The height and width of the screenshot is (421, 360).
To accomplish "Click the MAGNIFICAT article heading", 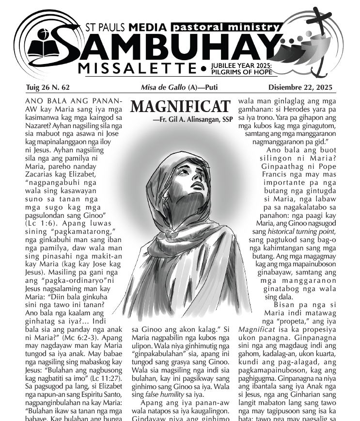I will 180,107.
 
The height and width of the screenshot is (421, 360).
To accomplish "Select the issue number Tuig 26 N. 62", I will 48,88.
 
